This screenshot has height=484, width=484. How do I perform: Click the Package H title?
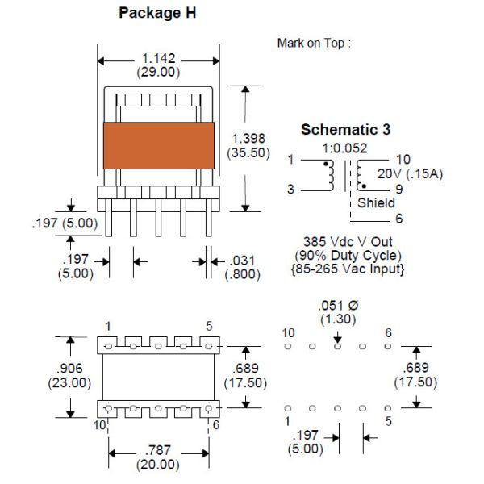point(156,14)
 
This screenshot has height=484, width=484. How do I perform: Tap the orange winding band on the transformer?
point(158,145)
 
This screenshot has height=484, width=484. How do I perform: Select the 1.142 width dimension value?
point(159,59)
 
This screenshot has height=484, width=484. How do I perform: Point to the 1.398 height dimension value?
point(248,138)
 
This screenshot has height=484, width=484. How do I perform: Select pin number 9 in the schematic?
point(398,189)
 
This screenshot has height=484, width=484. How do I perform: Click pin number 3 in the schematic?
point(290,189)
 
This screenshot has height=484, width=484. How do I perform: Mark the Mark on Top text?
point(314,43)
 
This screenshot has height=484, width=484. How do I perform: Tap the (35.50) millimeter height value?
point(248,152)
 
